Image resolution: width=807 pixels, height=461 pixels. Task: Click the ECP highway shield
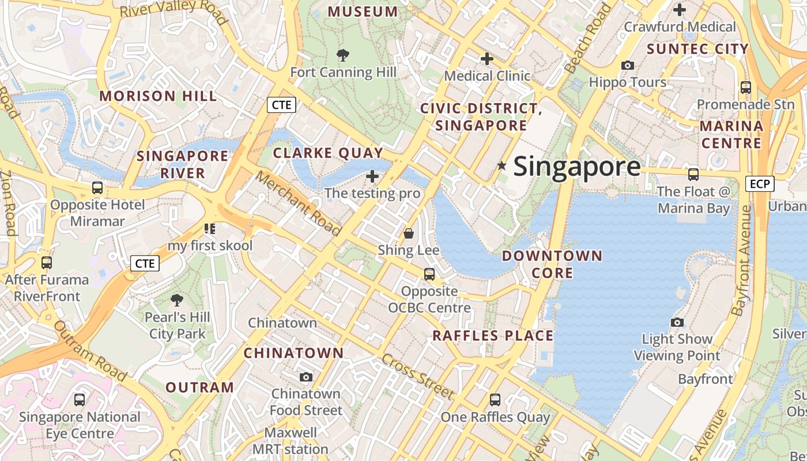pyautogui.click(x=760, y=184)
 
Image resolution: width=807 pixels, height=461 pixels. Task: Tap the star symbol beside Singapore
pyautogui.click(x=502, y=166)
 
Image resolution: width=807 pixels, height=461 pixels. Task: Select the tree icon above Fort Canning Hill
pyautogui.click(x=343, y=55)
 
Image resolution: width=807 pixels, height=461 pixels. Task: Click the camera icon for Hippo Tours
pyautogui.click(x=628, y=66)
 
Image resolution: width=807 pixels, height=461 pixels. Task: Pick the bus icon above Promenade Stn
pyautogui.click(x=746, y=88)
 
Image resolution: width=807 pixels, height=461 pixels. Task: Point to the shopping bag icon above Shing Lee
pyautogui.click(x=409, y=233)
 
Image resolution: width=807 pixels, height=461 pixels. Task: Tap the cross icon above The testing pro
pyautogui.click(x=372, y=176)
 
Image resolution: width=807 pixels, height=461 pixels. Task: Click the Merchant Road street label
pyautogui.click(x=298, y=203)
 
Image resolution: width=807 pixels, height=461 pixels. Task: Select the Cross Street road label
pyautogui.click(x=417, y=376)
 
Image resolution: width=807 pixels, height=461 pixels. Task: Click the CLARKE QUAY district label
pyautogui.click(x=328, y=153)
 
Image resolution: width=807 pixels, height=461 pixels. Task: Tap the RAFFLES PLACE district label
pyautogui.click(x=493, y=335)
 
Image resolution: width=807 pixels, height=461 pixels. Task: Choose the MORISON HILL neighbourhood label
pyautogui.click(x=159, y=96)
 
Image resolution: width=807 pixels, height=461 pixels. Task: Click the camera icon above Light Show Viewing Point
pyautogui.click(x=677, y=322)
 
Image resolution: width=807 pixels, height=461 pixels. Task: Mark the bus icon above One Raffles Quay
pyautogui.click(x=495, y=399)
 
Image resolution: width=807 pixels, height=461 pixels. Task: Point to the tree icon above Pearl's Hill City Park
pyautogui.click(x=177, y=300)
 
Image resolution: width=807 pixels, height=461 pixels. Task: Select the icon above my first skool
pyautogui.click(x=210, y=229)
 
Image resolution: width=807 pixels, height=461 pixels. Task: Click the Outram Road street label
pyautogui.click(x=90, y=351)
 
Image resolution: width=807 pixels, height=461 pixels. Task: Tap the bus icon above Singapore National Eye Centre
pyautogui.click(x=80, y=399)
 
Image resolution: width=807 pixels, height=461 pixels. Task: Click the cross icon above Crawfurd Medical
pyautogui.click(x=680, y=10)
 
